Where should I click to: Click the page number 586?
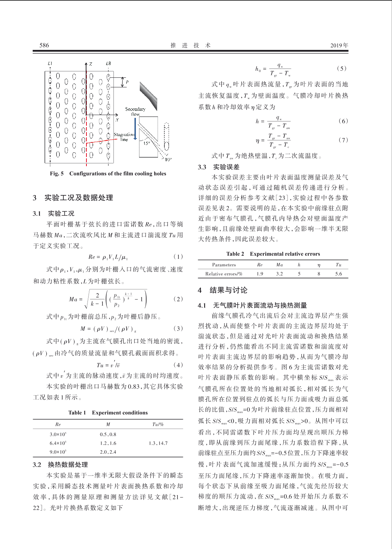point(44,45)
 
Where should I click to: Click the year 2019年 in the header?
point(339,45)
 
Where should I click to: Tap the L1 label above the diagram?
point(50,64)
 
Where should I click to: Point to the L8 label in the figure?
point(108,64)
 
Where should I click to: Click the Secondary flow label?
point(135,112)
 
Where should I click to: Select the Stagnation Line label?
point(124,137)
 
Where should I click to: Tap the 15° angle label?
point(147,143)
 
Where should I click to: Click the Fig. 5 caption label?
point(57,174)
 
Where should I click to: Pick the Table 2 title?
point(235,254)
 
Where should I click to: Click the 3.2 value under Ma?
point(279,274)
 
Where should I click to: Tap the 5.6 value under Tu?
point(338,274)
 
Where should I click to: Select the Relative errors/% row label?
point(224,274)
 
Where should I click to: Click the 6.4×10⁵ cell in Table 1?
point(58,443)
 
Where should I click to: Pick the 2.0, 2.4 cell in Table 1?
point(108,452)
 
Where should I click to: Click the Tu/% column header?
point(158,424)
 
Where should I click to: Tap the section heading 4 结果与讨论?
point(223,290)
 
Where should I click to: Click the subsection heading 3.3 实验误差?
point(219,167)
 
